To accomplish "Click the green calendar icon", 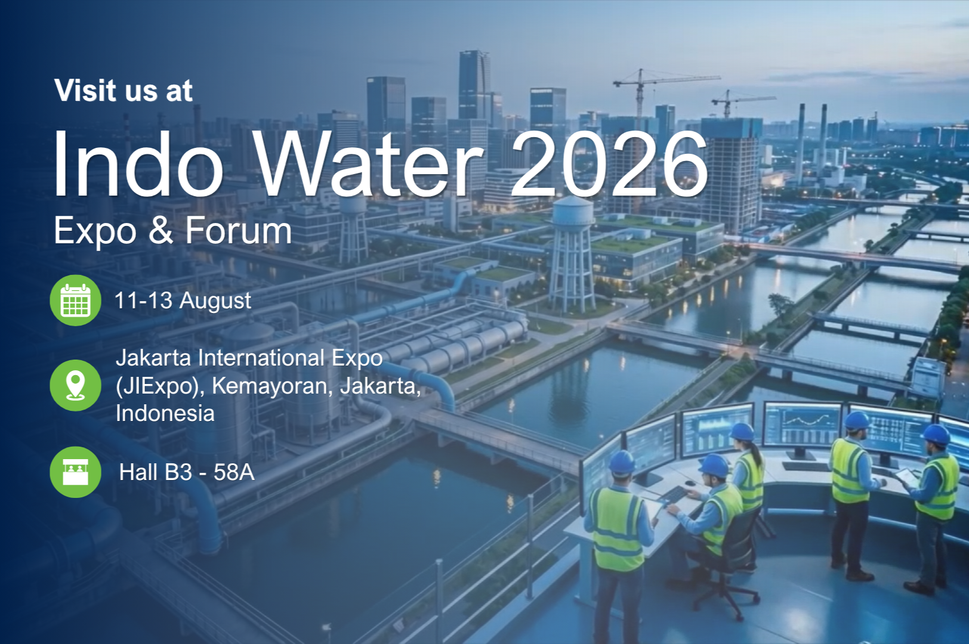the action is pos(76,301).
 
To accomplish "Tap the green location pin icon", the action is pos(76,385).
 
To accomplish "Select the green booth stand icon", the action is pos(76,472).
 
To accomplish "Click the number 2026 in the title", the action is pos(610,164).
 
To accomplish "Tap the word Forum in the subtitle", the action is pos(239,231).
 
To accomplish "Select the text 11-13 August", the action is pos(183,301).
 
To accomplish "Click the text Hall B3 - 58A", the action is pos(187,472).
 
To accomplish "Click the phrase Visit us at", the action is pos(124,90).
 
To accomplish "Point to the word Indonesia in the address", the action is pos(165,413).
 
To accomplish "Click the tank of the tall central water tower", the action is pos(573,212).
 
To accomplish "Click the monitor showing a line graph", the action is pos(803,426).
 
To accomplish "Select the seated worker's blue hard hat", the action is pos(714,466).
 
